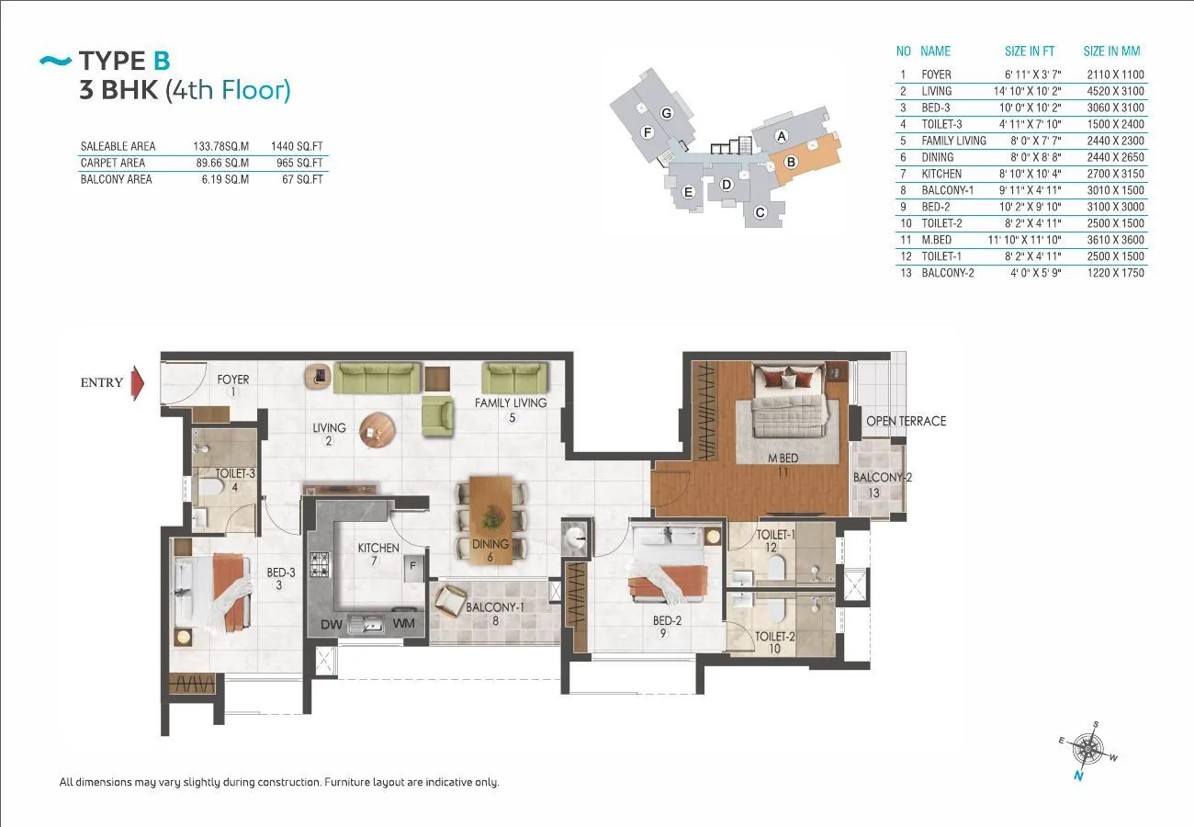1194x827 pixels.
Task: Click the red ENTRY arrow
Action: [138, 383]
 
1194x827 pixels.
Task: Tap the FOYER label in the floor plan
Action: [233, 380]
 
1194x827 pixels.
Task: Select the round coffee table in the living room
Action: [377, 430]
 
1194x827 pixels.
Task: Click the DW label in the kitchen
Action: [331, 624]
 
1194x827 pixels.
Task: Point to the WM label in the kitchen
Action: [403, 623]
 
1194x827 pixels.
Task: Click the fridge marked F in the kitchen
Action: [413, 568]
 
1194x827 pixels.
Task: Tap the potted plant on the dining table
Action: [491, 517]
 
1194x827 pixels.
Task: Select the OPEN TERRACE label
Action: [907, 421]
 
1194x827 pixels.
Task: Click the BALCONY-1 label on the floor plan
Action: [495, 607]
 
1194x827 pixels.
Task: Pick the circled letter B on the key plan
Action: [791, 162]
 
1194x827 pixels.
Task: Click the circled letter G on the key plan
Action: [666, 113]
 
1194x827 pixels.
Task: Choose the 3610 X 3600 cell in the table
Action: [1116, 240]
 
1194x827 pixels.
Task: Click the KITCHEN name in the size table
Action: [941, 174]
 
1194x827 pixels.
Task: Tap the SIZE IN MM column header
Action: [1112, 51]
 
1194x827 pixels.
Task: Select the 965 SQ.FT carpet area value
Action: [299, 163]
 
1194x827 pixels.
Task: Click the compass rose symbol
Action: [1087, 750]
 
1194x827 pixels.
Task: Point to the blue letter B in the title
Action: [162, 61]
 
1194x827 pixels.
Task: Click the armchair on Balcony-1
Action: [450, 601]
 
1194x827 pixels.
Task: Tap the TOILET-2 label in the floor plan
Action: [775, 636]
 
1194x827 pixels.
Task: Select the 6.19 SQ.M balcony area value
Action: [225, 179]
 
